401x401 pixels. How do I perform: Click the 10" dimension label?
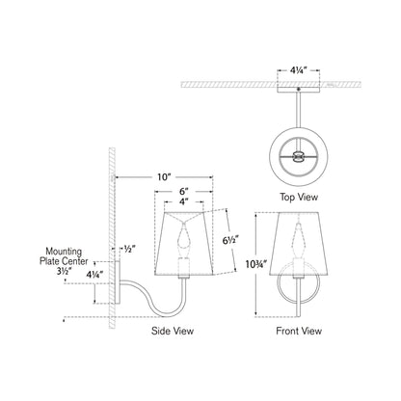[162, 177]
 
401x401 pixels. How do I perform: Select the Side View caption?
[175, 330]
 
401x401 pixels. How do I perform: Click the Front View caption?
[299, 330]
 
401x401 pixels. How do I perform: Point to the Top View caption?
[299, 197]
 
